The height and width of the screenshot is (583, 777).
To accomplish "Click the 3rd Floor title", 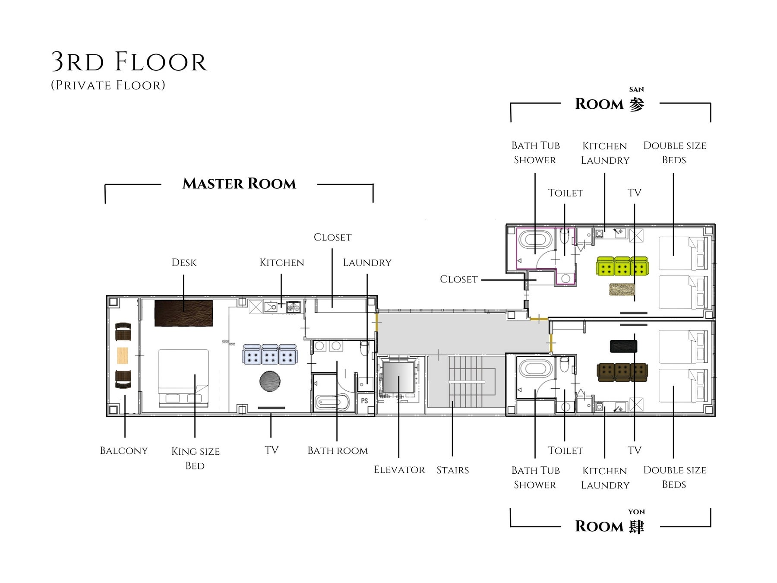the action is [x=129, y=62].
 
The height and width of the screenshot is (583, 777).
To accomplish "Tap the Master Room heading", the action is [x=239, y=184].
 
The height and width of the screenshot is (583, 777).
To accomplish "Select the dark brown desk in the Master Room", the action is [x=183, y=313].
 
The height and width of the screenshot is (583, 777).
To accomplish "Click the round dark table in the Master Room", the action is [x=270, y=381].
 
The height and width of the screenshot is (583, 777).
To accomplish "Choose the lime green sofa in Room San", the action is [x=622, y=266].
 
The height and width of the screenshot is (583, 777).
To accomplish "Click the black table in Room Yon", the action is [x=623, y=346].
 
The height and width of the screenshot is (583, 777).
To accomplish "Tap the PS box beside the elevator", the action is [x=364, y=401].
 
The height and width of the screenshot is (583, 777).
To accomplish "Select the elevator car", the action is [x=398, y=377].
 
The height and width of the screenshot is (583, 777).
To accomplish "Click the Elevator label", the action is [x=399, y=470].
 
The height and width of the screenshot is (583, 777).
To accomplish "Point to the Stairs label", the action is [x=452, y=470].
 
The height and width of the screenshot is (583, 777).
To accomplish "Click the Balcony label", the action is [x=124, y=451].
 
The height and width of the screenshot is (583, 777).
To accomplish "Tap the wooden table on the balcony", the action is [x=123, y=355].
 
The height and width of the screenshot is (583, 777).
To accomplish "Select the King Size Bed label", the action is [x=195, y=458].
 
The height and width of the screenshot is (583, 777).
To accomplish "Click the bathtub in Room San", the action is [x=535, y=240].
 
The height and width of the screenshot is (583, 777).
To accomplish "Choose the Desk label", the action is [x=184, y=263].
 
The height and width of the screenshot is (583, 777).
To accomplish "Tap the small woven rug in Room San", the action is [x=622, y=289].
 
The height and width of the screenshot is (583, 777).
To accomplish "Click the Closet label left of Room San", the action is [x=458, y=279].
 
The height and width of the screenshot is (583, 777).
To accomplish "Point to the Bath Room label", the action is [x=338, y=451].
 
